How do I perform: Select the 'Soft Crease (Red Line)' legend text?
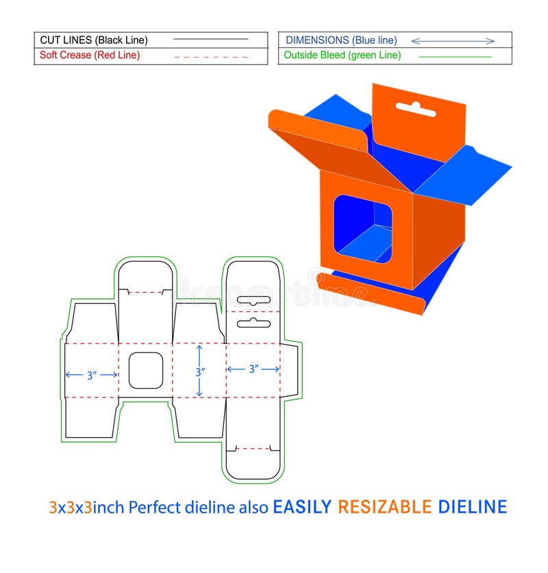pyautogui.click(x=90, y=56)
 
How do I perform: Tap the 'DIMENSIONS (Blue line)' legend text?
pyautogui.click(x=341, y=40)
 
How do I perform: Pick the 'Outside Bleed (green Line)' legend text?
pyautogui.click(x=343, y=56)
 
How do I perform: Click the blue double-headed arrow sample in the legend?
pyautogui.click(x=453, y=41)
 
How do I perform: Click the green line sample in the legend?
pyautogui.click(x=455, y=56)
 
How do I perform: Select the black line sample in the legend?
pyautogui.click(x=211, y=40)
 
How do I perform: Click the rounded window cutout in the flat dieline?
pyautogui.click(x=146, y=371)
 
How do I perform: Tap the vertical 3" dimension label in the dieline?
pyautogui.click(x=199, y=373)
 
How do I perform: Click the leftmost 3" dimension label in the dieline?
pyautogui.click(x=92, y=376)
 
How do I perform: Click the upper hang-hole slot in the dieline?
pyautogui.click(x=254, y=300)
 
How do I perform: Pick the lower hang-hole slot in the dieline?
pyautogui.click(x=254, y=321)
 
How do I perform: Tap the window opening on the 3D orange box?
pyautogui.click(x=362, y=229)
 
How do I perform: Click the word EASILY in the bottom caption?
pyautogui.click(x=302, y=507)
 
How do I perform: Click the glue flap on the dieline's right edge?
pyautogui.click(x=290, y=370)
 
